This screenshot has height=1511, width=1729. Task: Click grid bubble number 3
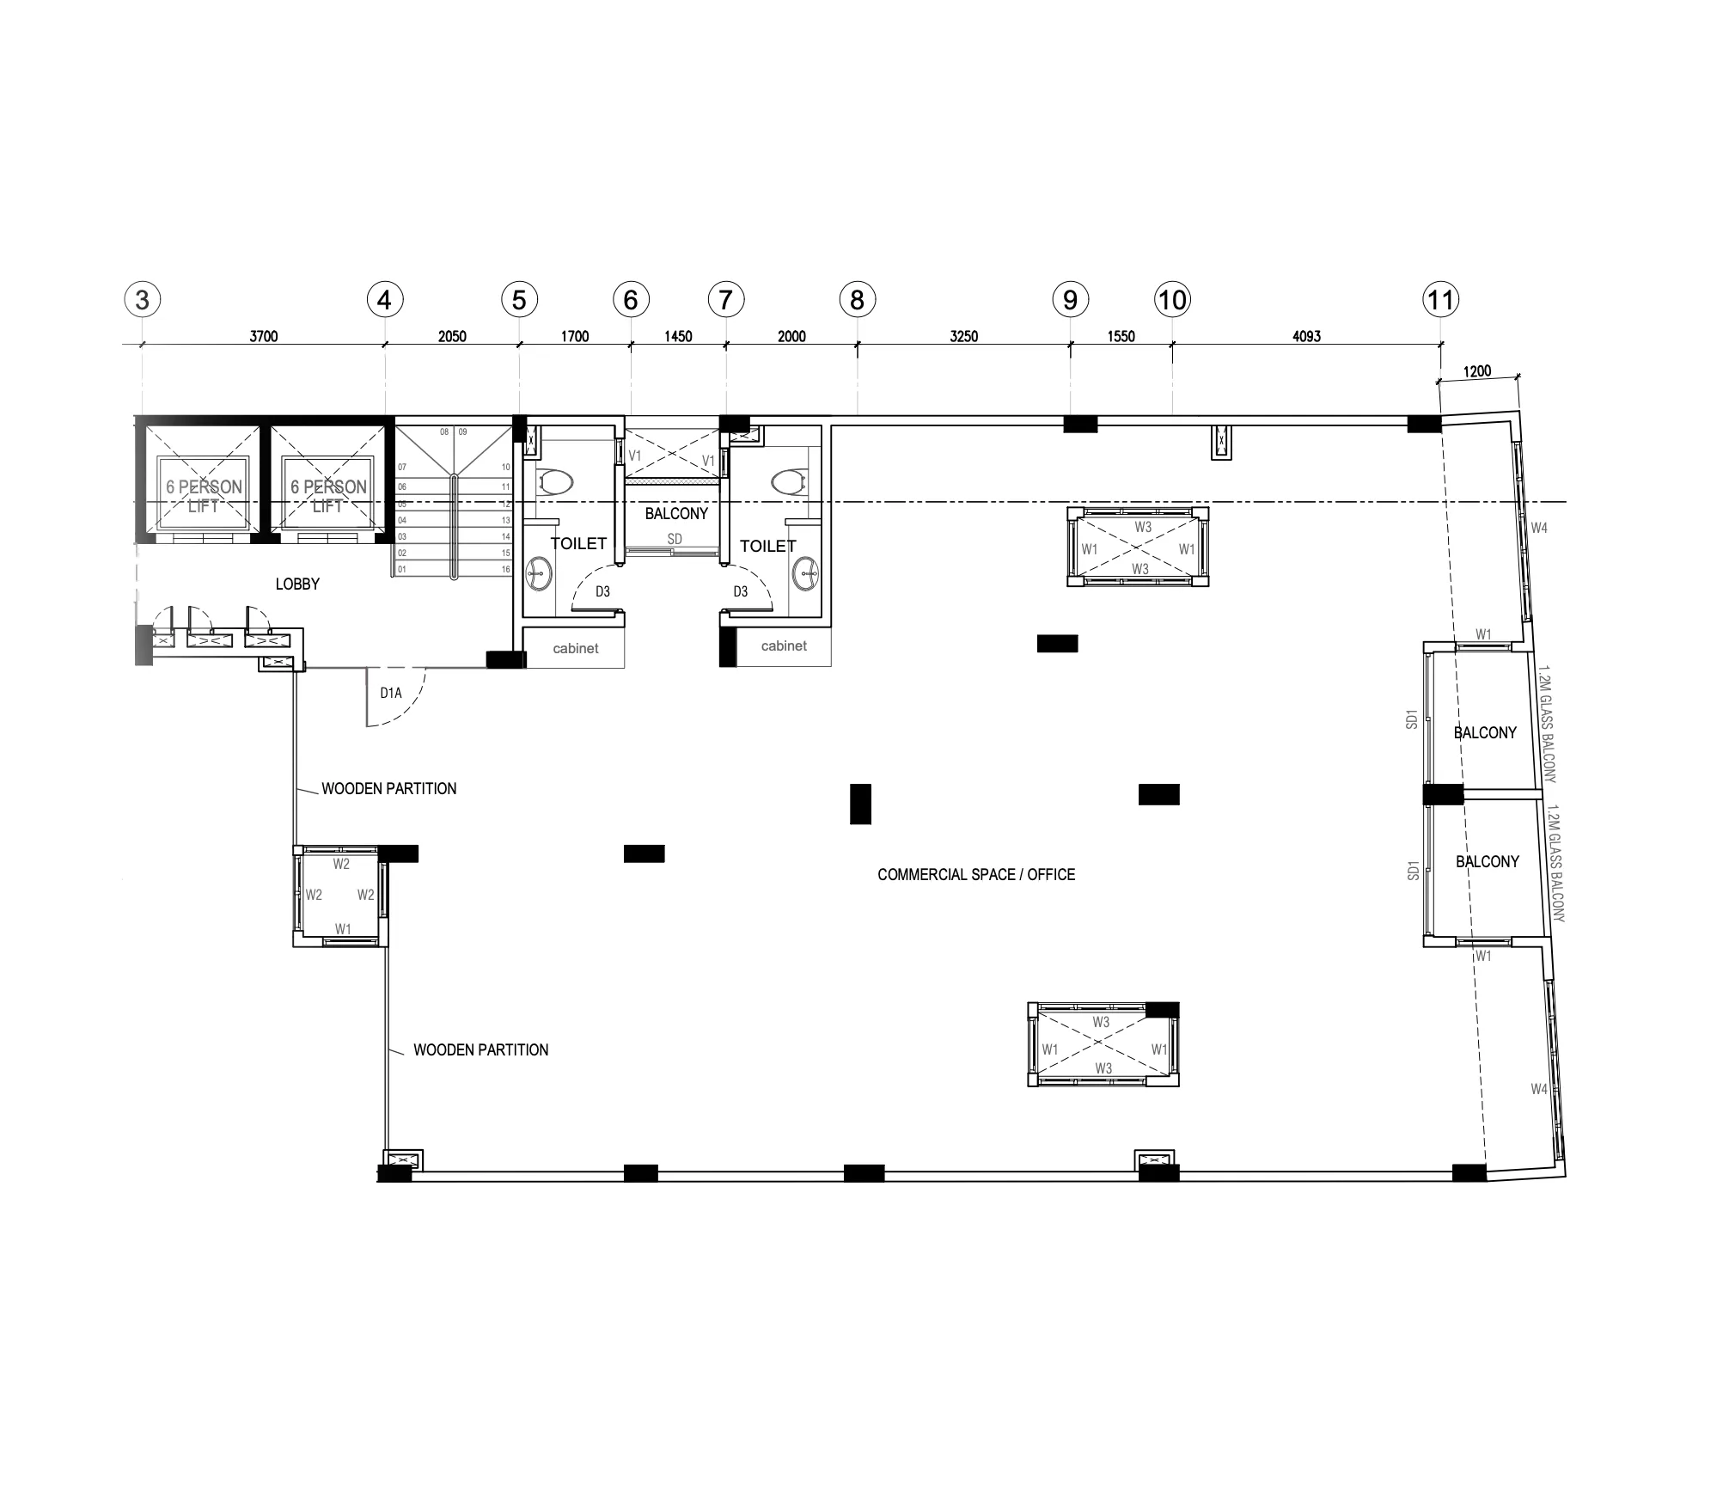coord(143,300)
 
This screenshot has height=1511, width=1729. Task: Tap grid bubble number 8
coord(857,300)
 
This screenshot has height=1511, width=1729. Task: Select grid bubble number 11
coord(1440,300)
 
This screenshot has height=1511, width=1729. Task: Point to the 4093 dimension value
coord(1306,336)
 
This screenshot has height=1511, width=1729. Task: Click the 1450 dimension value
coord(678,336)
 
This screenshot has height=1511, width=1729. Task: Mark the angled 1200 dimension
coord(1477,371)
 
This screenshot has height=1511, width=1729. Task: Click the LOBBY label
coord(297,584)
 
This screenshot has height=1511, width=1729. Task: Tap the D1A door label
coord(391,693)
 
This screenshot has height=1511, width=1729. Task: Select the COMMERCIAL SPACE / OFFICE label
coord(976,875)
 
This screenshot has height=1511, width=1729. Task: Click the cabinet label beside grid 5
coord(575,648)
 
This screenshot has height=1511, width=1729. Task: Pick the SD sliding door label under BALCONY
coord(675,539)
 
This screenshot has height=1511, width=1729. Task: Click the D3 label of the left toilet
coord(602,591)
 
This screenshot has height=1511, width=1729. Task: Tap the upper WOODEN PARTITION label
coord(388,789)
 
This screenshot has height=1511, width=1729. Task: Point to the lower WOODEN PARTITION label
coord(480,1050)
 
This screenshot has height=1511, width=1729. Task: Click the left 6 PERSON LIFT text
coord(204,496)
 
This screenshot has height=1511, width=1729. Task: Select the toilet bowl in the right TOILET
coord(790,480)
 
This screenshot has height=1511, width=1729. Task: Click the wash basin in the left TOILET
coord(540,572)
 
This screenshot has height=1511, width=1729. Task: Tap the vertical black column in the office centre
coord(860,804)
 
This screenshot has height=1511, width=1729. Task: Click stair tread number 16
coord(506,569)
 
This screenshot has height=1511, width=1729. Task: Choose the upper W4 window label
coord(1538,528)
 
